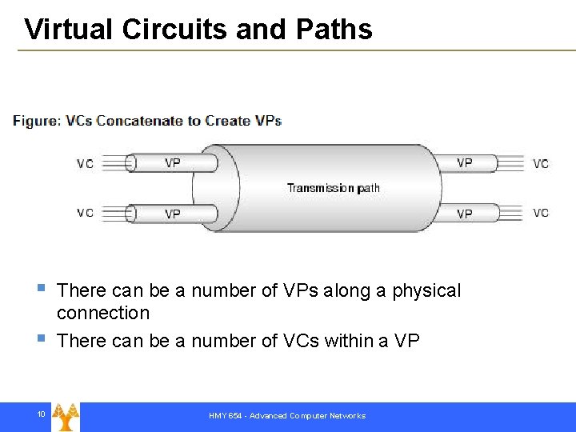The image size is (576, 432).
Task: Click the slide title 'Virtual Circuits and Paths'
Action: point(198,30)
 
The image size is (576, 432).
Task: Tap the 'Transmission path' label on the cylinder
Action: point(334,188)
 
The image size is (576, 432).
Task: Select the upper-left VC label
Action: point(85,164)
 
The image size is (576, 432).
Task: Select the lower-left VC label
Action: point(85,213)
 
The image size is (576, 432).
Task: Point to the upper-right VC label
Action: point(541,164)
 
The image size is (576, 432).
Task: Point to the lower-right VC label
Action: point(541,213)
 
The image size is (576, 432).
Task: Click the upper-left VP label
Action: point(173,163)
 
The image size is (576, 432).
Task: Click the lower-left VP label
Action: point(173,214)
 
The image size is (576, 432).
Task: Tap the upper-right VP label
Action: point(464,163)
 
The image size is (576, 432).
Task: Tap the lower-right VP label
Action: point(464,214)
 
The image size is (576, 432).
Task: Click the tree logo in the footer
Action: point(66,416)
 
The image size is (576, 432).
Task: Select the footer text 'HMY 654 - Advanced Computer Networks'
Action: point(287,416)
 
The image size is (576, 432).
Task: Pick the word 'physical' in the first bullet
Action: point(426,290)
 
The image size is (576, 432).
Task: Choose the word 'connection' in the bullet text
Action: point(103,313)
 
